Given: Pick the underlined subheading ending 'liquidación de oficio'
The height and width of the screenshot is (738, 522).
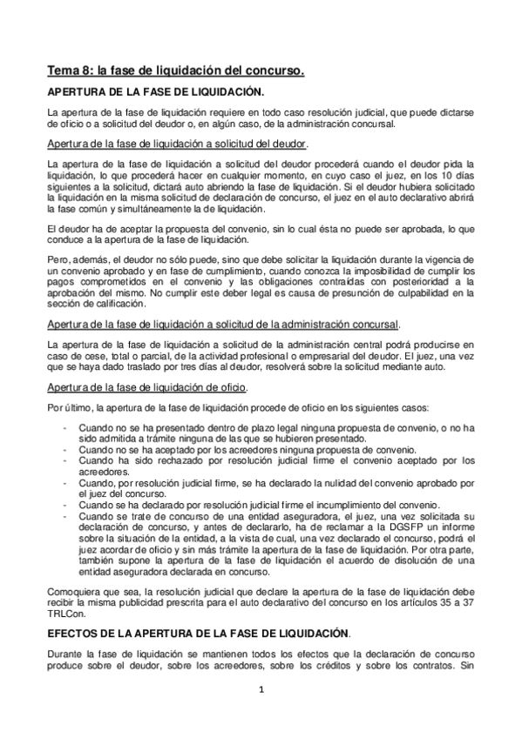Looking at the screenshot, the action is tap(146, 386).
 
